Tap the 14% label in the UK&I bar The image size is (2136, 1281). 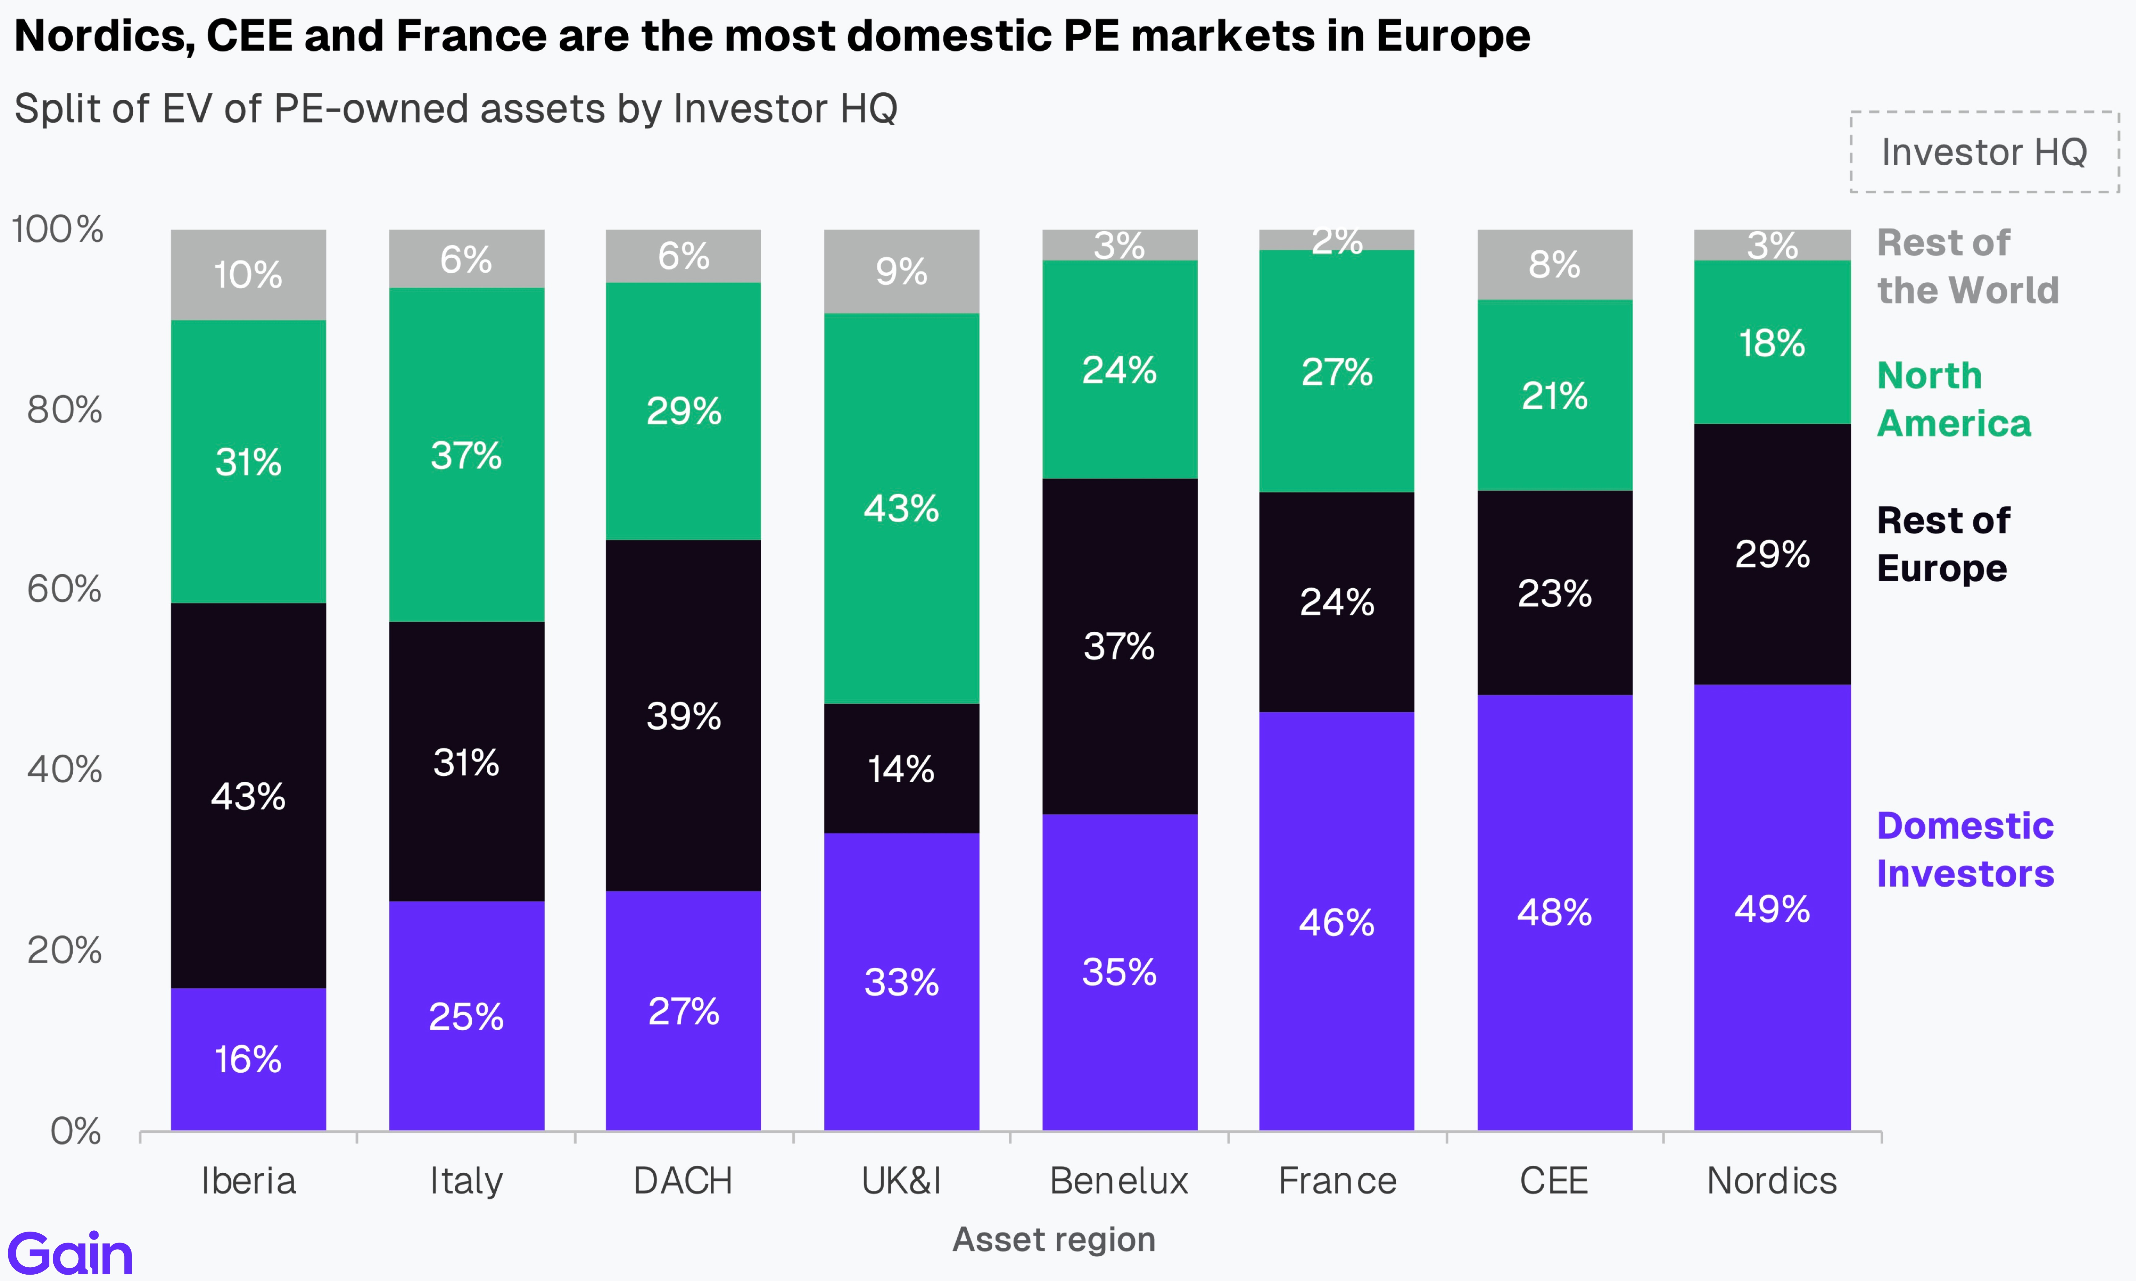click(901, 769)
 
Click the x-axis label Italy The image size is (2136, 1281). click(466, 1181)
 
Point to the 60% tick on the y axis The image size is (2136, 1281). click(65, 590)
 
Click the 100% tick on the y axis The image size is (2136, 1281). click(57, 230)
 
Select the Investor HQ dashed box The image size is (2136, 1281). click(1984, 152)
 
